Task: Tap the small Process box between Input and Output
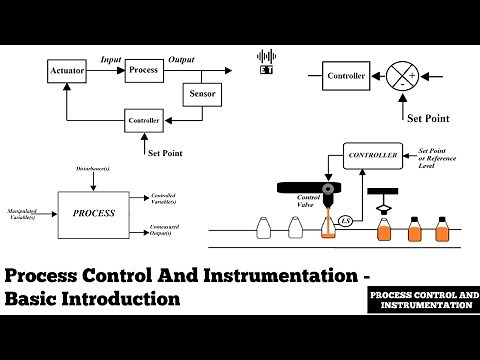click(x=142, y=71)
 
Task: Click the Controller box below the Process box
click(x=142, y=122)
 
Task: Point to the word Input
click(x=110, y=60)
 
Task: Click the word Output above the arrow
click(x=181, y=60)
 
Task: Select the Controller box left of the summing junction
click(x=345, y=74)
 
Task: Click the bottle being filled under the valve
click(x=328, y=228)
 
